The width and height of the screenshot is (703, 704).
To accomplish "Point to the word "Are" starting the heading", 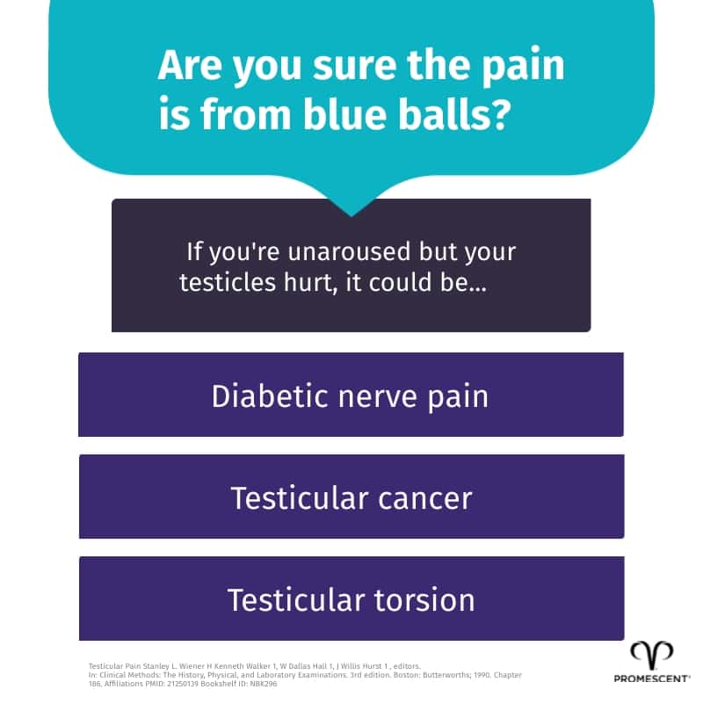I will coord(186,67).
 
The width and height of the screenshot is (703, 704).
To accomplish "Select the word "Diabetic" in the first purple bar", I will coord(266,396).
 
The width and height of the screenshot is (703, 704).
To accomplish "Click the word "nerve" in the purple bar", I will coord(376,396).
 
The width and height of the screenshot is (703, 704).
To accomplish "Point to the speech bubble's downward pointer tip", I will coord(351,214).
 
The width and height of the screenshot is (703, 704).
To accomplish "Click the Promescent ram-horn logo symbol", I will coord(651,654).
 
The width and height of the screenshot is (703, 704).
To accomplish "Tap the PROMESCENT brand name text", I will coord(651,679).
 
